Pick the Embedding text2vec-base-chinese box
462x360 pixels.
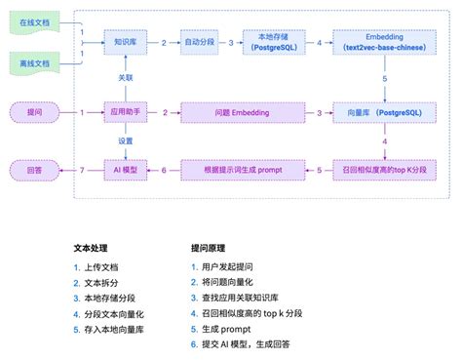[x=384, y=43]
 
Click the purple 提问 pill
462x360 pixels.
[x=36, y=113]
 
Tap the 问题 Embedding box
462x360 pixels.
[x=241, y=113]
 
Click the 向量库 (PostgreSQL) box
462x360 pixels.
[x=384, y=113]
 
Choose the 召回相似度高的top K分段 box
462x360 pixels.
[x=384, y=171]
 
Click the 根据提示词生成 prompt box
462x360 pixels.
[x=241, y=171]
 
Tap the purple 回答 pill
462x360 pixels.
[x=36, y=171]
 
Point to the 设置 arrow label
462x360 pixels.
[x=126, y=140]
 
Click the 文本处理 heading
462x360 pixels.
[x=92, y=247]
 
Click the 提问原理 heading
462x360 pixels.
[x=210, y=247]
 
